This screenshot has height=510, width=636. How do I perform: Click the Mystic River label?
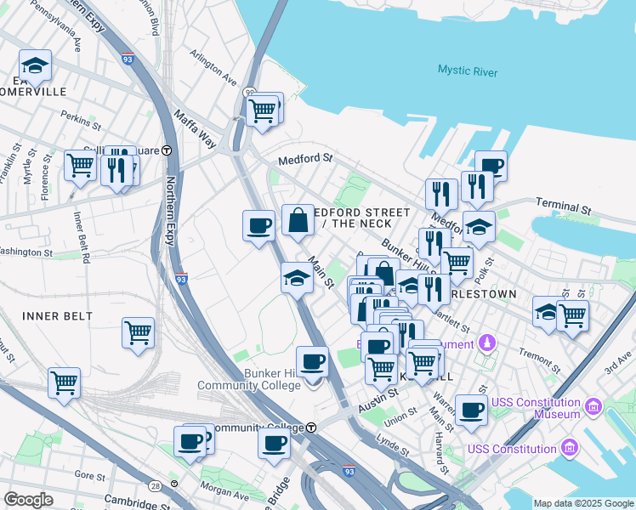point(468,71)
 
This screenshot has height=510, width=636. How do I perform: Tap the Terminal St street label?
point(563,207)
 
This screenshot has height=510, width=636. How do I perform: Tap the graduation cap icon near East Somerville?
point(35,65)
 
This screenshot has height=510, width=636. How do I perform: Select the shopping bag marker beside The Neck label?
point(298,221)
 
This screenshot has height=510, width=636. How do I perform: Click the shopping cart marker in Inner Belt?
point(138,332)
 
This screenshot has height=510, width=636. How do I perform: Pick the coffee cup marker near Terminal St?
point(491,165)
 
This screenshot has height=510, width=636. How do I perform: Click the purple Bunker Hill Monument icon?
point(487,343)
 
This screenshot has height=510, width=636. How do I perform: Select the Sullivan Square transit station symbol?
point(167,150)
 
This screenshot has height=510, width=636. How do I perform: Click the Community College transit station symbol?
point(311,427)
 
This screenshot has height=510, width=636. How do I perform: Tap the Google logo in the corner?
point(28,499)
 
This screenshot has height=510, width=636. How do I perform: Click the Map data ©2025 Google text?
point(583,503)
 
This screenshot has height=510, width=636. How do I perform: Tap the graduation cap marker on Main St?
point(296,277)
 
